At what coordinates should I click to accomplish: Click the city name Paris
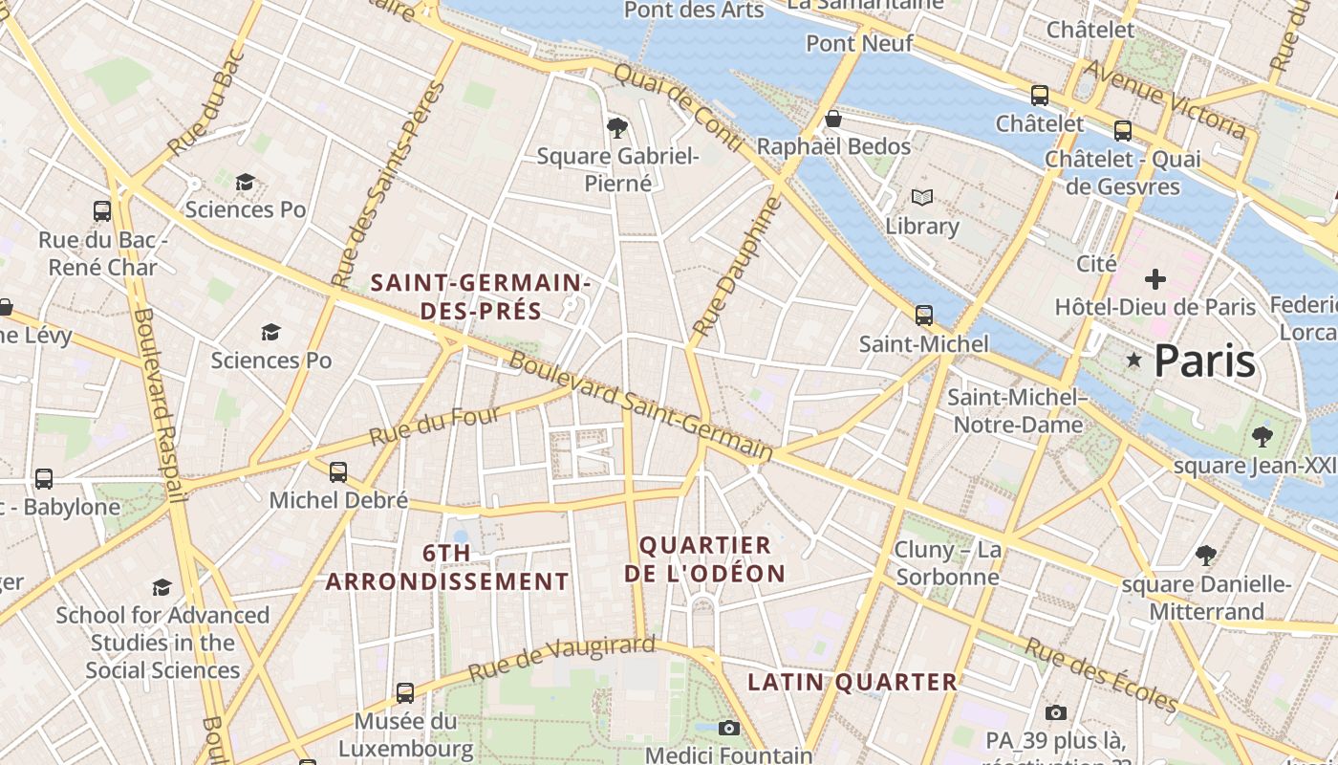tap(1204, 361)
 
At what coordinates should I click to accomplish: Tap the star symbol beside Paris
tap(1134, 361)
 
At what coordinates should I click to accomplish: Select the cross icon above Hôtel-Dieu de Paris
tap(1155, 279)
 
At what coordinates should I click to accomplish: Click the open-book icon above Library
tap(921, 197)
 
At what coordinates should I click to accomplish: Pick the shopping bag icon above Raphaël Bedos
tap(833, 119)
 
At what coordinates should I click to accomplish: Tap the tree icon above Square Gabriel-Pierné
tap(617, 127)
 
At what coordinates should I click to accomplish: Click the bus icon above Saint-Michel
tap(923, 315)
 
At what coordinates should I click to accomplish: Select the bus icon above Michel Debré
tap(338, 471)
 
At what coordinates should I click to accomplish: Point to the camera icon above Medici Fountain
tap(728, 729)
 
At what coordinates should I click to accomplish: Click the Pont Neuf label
tap(859, 43)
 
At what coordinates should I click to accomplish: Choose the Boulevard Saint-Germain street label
tap(639, 405)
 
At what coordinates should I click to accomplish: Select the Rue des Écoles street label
tap(1101, 675)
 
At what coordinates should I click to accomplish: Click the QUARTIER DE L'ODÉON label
tap(705, 559)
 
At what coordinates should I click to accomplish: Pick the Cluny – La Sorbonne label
tap(947, 563)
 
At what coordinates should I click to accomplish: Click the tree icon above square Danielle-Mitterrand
tap(1206, 555)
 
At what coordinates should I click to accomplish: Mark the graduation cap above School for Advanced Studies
tap(162, 587)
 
